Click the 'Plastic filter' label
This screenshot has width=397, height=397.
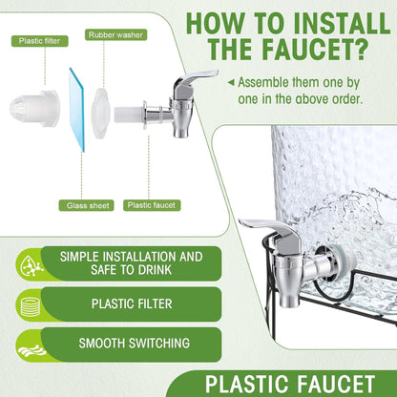[39, 41]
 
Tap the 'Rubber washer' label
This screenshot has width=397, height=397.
[115, 34]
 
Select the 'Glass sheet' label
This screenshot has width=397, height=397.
[86, 205]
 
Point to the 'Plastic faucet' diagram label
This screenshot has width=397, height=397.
[152, 205]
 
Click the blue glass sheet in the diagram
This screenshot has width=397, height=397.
[76, 109]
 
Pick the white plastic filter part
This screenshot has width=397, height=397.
[34, 108]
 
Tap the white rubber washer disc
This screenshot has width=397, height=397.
[101, 113]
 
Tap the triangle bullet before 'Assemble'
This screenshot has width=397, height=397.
[231, 83]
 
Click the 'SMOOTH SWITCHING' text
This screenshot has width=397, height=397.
[135, 344]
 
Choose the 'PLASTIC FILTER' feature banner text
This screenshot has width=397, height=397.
[132, 303]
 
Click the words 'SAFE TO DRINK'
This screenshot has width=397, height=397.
[131, 270]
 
